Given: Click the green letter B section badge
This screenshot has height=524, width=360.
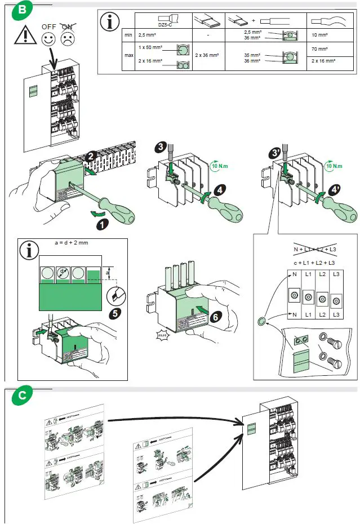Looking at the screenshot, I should [x=21, y=10].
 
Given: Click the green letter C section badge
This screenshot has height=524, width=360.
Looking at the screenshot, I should [x=21, y=396].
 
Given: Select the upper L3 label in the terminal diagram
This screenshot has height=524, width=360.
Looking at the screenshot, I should [x=336, y=273].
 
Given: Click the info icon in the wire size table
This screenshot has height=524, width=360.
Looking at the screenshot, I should [x=110, y=22].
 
